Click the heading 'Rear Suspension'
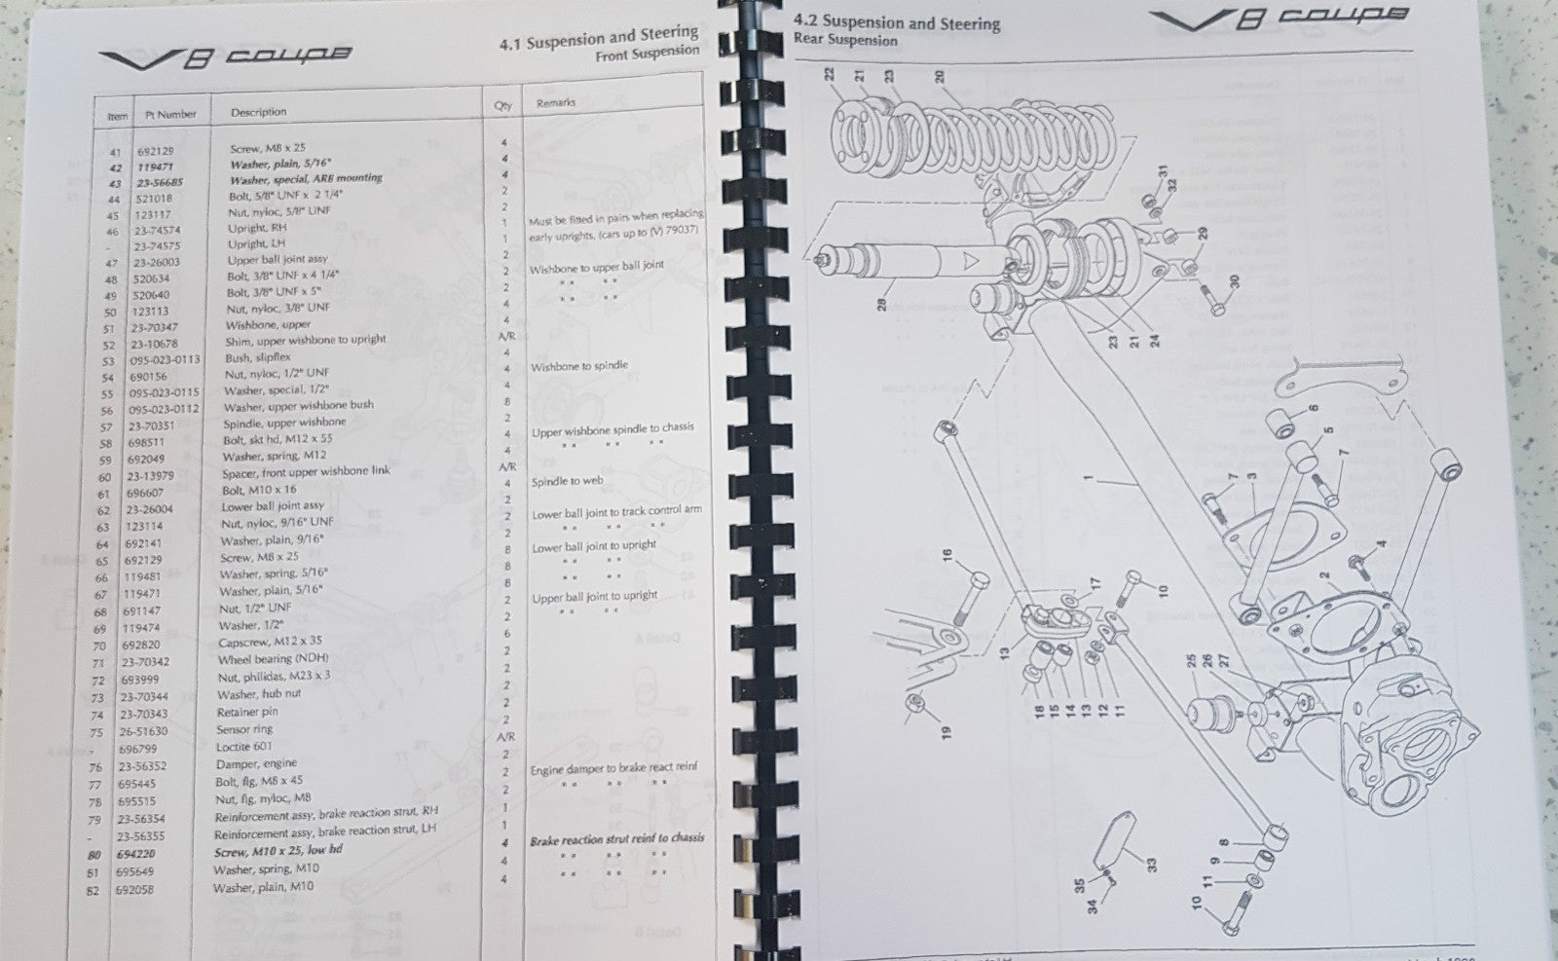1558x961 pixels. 845,40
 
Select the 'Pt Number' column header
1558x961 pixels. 170,114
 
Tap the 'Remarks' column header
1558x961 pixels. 555,102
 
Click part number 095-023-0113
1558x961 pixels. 164,359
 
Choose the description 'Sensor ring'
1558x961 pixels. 243,730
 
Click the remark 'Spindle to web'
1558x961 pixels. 567,481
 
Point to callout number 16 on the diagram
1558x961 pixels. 946,557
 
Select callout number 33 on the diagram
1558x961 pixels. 1152,864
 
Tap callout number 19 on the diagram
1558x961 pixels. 946,730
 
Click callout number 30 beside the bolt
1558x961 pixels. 1234,281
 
